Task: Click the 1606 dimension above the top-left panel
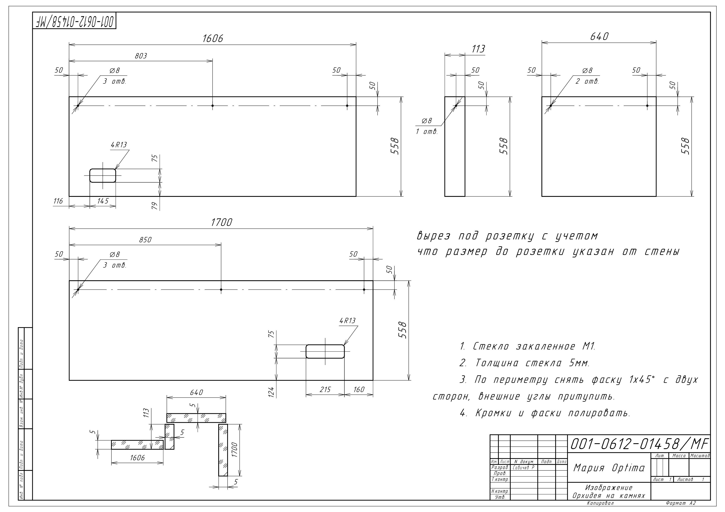[x=212, y=38]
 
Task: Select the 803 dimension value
[x=141, y=56]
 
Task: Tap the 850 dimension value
[x=145, y=240]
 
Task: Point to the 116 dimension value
[x=58, y=201]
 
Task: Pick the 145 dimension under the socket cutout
[x=103, y=201]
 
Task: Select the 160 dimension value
[x=359, y=390]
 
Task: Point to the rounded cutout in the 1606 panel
[x=103, y=175]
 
